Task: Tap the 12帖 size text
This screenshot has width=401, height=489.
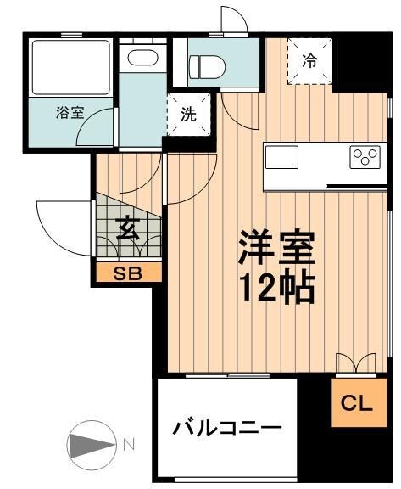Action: [x=276, y=289]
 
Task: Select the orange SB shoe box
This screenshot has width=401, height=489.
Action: [x=126, y=273]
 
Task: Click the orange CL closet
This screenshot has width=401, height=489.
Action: [x=356, y=404]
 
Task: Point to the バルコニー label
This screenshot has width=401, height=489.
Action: [x=226, y=427]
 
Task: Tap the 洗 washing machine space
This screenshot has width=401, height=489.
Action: [x=188, y=115]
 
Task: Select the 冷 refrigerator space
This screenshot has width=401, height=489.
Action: [x=310, y=61]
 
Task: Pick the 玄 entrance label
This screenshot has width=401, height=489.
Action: [x=127, y=228]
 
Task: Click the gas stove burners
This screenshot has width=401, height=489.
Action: [x=366, y=156]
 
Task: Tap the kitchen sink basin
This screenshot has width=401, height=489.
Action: [x=282, y=157]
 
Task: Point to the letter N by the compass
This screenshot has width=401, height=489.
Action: [x=128, y=443]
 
